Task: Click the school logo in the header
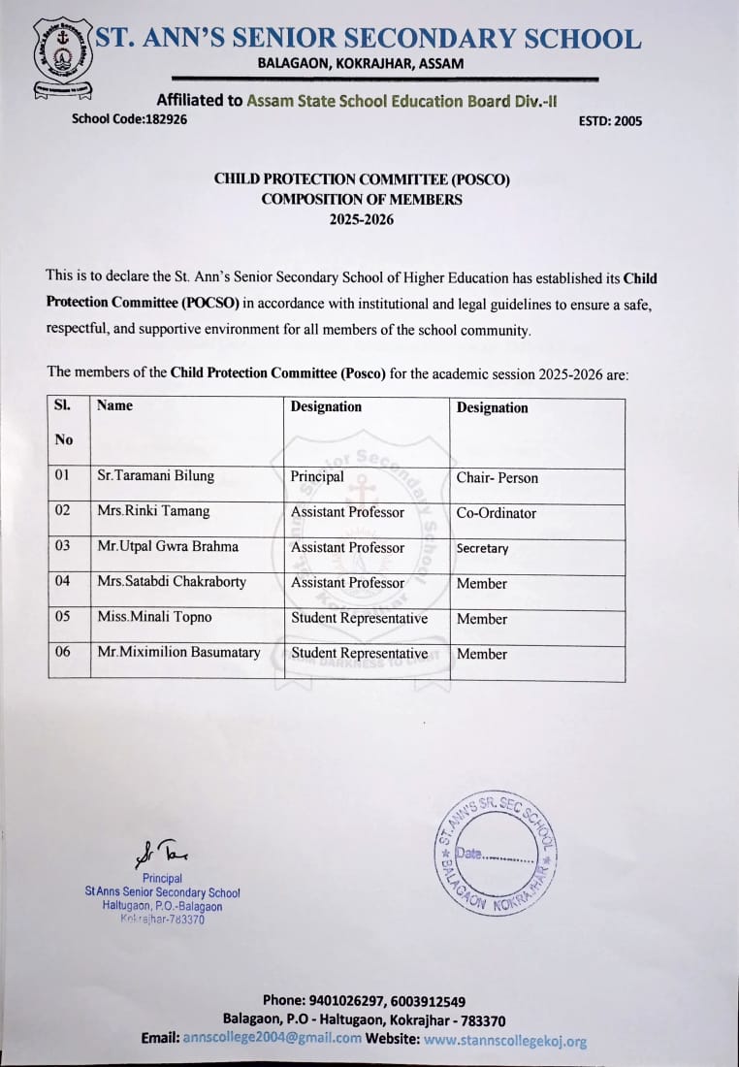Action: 62,57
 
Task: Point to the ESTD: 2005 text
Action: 610,121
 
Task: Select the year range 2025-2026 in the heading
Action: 361,219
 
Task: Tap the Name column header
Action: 114,405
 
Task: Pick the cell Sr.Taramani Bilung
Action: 155,476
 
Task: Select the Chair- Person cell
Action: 497,478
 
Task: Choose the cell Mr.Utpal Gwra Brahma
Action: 167,546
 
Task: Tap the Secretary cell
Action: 482,548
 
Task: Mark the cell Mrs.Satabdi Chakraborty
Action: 171,582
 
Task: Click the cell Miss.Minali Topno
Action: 153,617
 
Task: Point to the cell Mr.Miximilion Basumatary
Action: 178,653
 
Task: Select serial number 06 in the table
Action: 63,652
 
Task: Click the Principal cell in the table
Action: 317,477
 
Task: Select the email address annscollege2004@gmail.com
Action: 272,1038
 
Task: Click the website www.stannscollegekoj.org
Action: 505,1040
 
